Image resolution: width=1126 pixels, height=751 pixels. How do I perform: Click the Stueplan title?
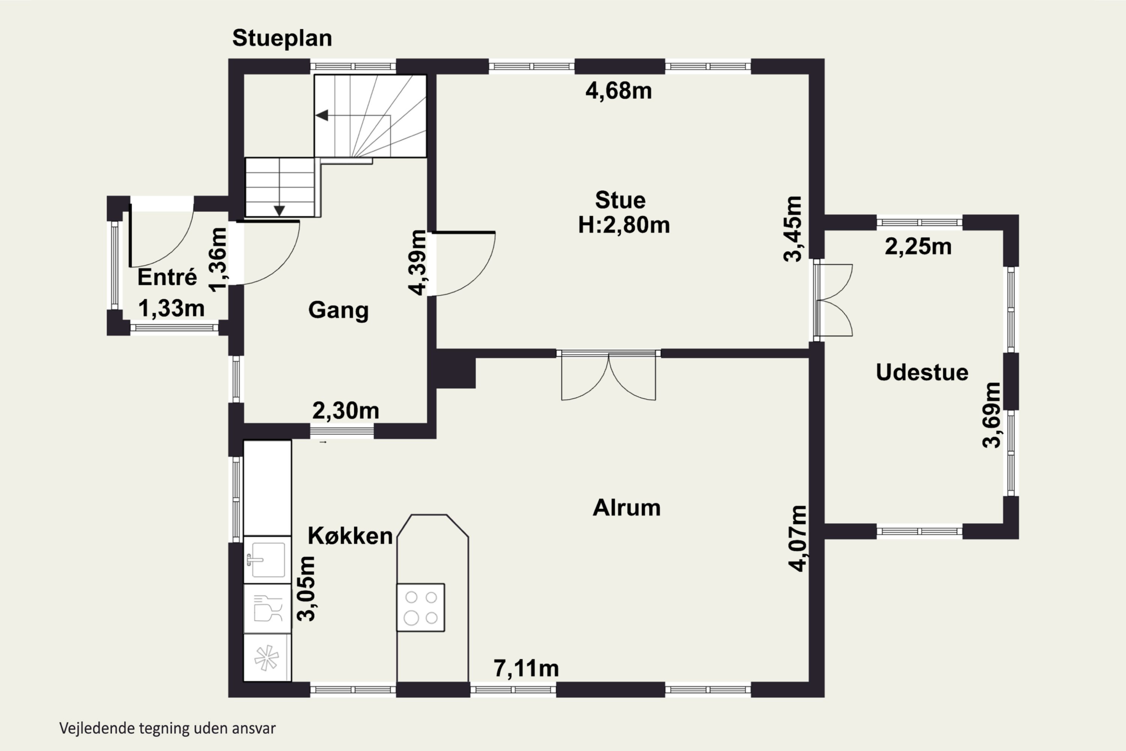pyautogui.click(x=282, y=38)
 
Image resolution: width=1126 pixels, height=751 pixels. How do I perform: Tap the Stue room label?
pyautogui.click(x=620, y=200)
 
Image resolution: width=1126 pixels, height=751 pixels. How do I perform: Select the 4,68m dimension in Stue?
pyautogui.click(x=619, y=90)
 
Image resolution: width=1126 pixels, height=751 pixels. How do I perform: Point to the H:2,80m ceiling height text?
pyautogui.click(x=624, y=225)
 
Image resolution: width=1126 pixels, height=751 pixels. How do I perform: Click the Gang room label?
pyautogui.click(x=339, y=310)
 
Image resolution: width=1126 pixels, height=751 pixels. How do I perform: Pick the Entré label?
pyautogui.click(x=167, y=277)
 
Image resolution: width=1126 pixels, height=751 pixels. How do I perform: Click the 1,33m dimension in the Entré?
pyautogui.click(x=172, y=308)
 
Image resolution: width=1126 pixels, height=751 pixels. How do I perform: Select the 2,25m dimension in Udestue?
pyautogui.click(x=918, y=247)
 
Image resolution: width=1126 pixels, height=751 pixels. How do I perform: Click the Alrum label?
pyautogui.click(x=627, y=508)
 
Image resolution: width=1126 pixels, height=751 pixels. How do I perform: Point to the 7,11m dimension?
pyautogui.click(x=526, y=668)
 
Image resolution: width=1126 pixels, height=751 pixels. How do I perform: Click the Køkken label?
pyautogui.click(x=350, y=535)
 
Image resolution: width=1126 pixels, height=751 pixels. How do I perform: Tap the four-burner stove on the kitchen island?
pyautogui.click(x=421, y=607)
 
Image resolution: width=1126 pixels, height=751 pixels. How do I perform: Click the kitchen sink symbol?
pyautogui.click(x=267, y=559)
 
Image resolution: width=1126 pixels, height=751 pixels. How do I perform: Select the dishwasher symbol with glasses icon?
pyautogui.click(x=267, y=608)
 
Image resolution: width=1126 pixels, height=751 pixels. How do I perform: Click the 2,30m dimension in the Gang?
pyautogui.click(x=346, y=410)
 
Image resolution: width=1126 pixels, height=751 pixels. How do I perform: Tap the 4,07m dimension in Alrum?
pyautogui.click(x=798, y=538)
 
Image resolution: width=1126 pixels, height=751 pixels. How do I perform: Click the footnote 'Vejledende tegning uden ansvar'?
pyautogui.click(x=167, y=728)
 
